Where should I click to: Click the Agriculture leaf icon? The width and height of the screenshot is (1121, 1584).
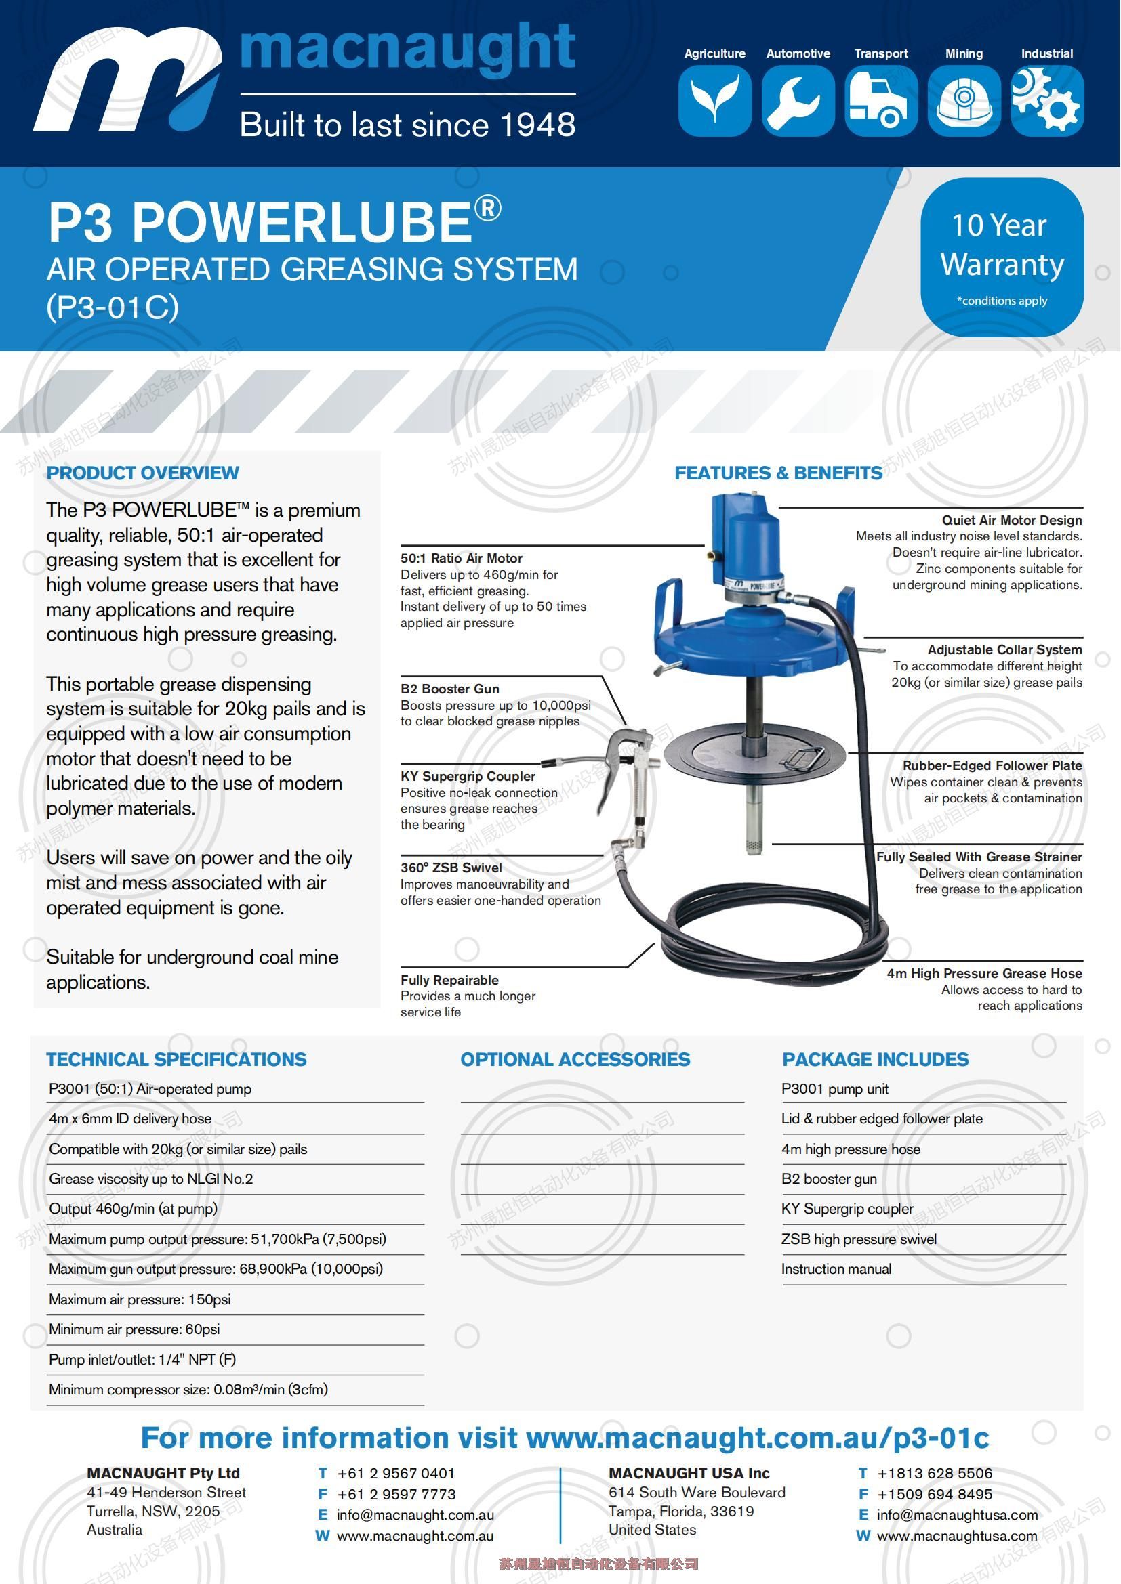(714, 100)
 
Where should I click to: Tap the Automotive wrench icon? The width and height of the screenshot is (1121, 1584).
(798, 100)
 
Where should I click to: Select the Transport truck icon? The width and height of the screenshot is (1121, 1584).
(881, 100)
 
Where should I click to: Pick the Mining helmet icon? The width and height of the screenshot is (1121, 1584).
(964, 100)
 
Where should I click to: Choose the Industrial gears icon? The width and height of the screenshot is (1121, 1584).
(1046, 100)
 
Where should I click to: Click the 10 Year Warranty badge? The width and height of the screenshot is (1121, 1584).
(1002, 257)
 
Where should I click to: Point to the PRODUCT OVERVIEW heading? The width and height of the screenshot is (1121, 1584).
(142, 473)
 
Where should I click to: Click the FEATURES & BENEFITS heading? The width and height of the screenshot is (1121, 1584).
(778, 473)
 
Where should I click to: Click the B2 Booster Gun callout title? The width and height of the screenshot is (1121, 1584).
(451, 689)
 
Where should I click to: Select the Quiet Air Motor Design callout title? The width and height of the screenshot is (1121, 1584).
(1011, 520)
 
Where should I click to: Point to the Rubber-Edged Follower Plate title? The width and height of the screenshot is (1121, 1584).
(992, 765)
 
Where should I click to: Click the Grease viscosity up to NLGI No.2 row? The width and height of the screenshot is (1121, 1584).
(150, 1179)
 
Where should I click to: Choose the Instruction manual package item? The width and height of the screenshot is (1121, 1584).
(836, 1268)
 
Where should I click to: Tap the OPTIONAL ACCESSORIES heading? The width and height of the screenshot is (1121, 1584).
(575, 1060)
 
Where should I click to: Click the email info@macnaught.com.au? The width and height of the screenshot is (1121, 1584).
(415, 1515)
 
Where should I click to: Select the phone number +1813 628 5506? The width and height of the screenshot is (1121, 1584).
(934, 1474)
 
